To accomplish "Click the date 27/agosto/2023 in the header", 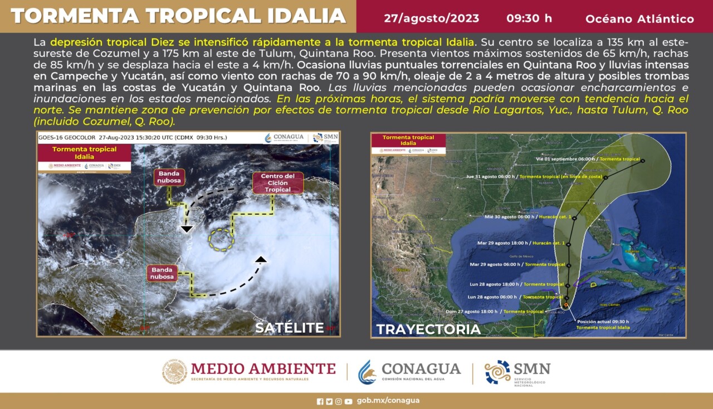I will coord(431,18).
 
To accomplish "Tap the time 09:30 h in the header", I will coord(529,18).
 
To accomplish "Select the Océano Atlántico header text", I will coord(639,19).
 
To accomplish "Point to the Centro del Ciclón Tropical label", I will coord(277,183).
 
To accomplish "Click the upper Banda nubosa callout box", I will coord(169,177).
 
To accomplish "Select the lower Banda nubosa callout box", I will coord(162,273).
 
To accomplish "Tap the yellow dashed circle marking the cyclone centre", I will coord(221,239).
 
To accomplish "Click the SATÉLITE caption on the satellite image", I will coord(289,328).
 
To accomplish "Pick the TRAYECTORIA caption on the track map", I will coord(428,329).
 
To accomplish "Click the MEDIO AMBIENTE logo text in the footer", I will coord(263,368).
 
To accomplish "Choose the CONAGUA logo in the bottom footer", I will coord(410,372).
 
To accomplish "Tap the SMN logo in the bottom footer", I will coord(517,372).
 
